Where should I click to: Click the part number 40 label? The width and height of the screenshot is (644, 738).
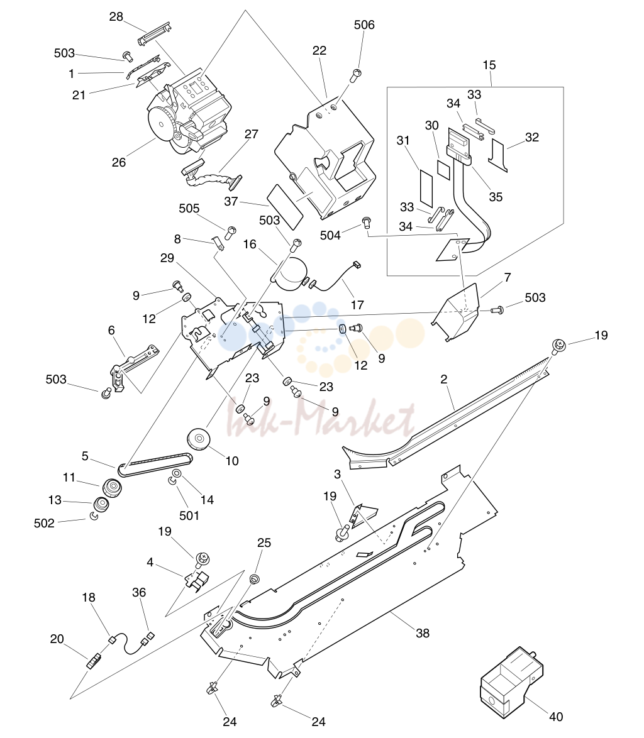[556, 717]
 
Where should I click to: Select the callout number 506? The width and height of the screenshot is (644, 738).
[364, 25]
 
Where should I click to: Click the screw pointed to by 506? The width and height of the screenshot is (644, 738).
[357, 75]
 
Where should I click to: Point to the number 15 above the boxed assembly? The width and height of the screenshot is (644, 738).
[489, 65]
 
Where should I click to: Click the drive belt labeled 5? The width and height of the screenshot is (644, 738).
[155, 463]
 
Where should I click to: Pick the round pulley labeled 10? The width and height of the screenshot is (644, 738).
[198, 439]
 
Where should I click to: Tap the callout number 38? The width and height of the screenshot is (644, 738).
[422, 633]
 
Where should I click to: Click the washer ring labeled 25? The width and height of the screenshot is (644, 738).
[254, 578]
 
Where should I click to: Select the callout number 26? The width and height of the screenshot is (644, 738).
[119, 162]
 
